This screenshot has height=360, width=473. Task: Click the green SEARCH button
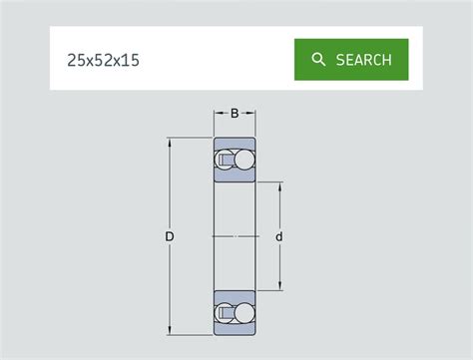tap(351, 60)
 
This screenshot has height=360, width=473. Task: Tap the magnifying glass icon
tap(318, 60)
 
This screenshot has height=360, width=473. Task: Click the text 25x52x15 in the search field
tap(103, 61)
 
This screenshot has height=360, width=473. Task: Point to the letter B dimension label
tap(235, 113)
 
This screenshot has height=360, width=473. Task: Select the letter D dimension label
tap(170, 236)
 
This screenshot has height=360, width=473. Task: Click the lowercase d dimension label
tap(279, 236)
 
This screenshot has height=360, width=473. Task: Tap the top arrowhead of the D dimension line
tap(170, 142)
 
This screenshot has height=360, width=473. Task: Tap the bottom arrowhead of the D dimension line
tap(170, 330)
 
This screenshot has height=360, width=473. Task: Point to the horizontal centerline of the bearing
tap(235, 236)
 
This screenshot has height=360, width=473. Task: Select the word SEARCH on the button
tap(363, 60)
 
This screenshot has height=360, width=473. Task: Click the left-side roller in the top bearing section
tap(226, 160)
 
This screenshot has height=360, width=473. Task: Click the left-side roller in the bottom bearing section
tap(226, 312)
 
